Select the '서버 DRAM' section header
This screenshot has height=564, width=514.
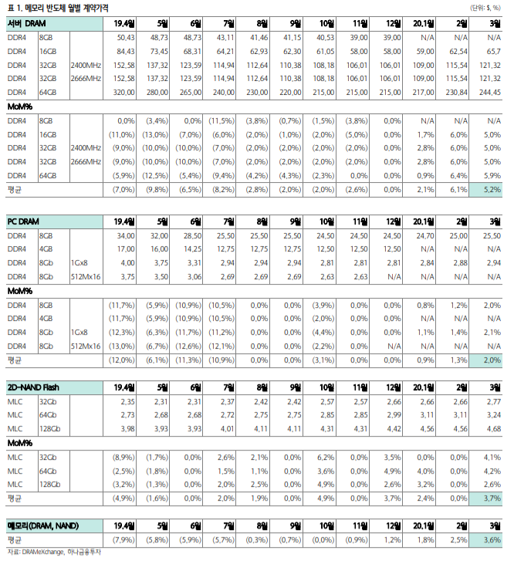pyautogui.click(x=30, y=24)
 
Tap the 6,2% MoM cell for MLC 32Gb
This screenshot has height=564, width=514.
pyautogui.click(x=324, y=457)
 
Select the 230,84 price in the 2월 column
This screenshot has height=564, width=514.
pyautogui.click(x=457, y=91)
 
